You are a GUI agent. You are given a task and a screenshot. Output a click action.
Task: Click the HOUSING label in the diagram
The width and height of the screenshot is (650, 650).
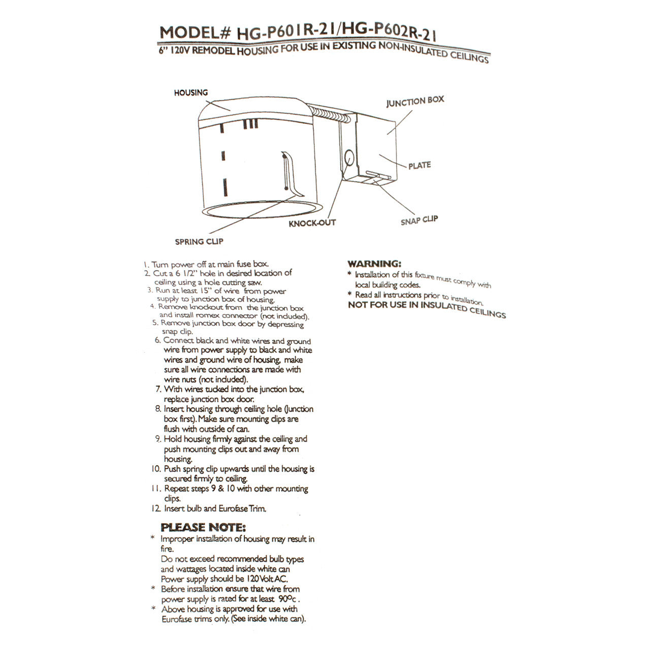191,93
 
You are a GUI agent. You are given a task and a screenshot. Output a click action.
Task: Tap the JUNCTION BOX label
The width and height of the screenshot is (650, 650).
415,102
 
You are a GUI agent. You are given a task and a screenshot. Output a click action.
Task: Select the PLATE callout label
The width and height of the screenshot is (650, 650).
419,166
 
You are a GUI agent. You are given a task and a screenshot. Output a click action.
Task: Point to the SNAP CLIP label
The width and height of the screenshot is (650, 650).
419,220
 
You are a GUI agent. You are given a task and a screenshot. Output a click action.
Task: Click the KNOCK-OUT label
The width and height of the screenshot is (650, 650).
312,223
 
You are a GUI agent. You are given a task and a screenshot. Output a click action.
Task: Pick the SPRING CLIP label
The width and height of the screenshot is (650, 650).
199,242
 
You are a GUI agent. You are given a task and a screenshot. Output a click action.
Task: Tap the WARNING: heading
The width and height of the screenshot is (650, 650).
374,264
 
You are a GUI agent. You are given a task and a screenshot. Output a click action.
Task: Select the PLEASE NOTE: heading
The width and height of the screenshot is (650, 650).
203,527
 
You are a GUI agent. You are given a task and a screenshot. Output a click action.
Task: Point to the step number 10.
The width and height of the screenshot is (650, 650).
156,469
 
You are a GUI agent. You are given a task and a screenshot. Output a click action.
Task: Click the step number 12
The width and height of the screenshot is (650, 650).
156,508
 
